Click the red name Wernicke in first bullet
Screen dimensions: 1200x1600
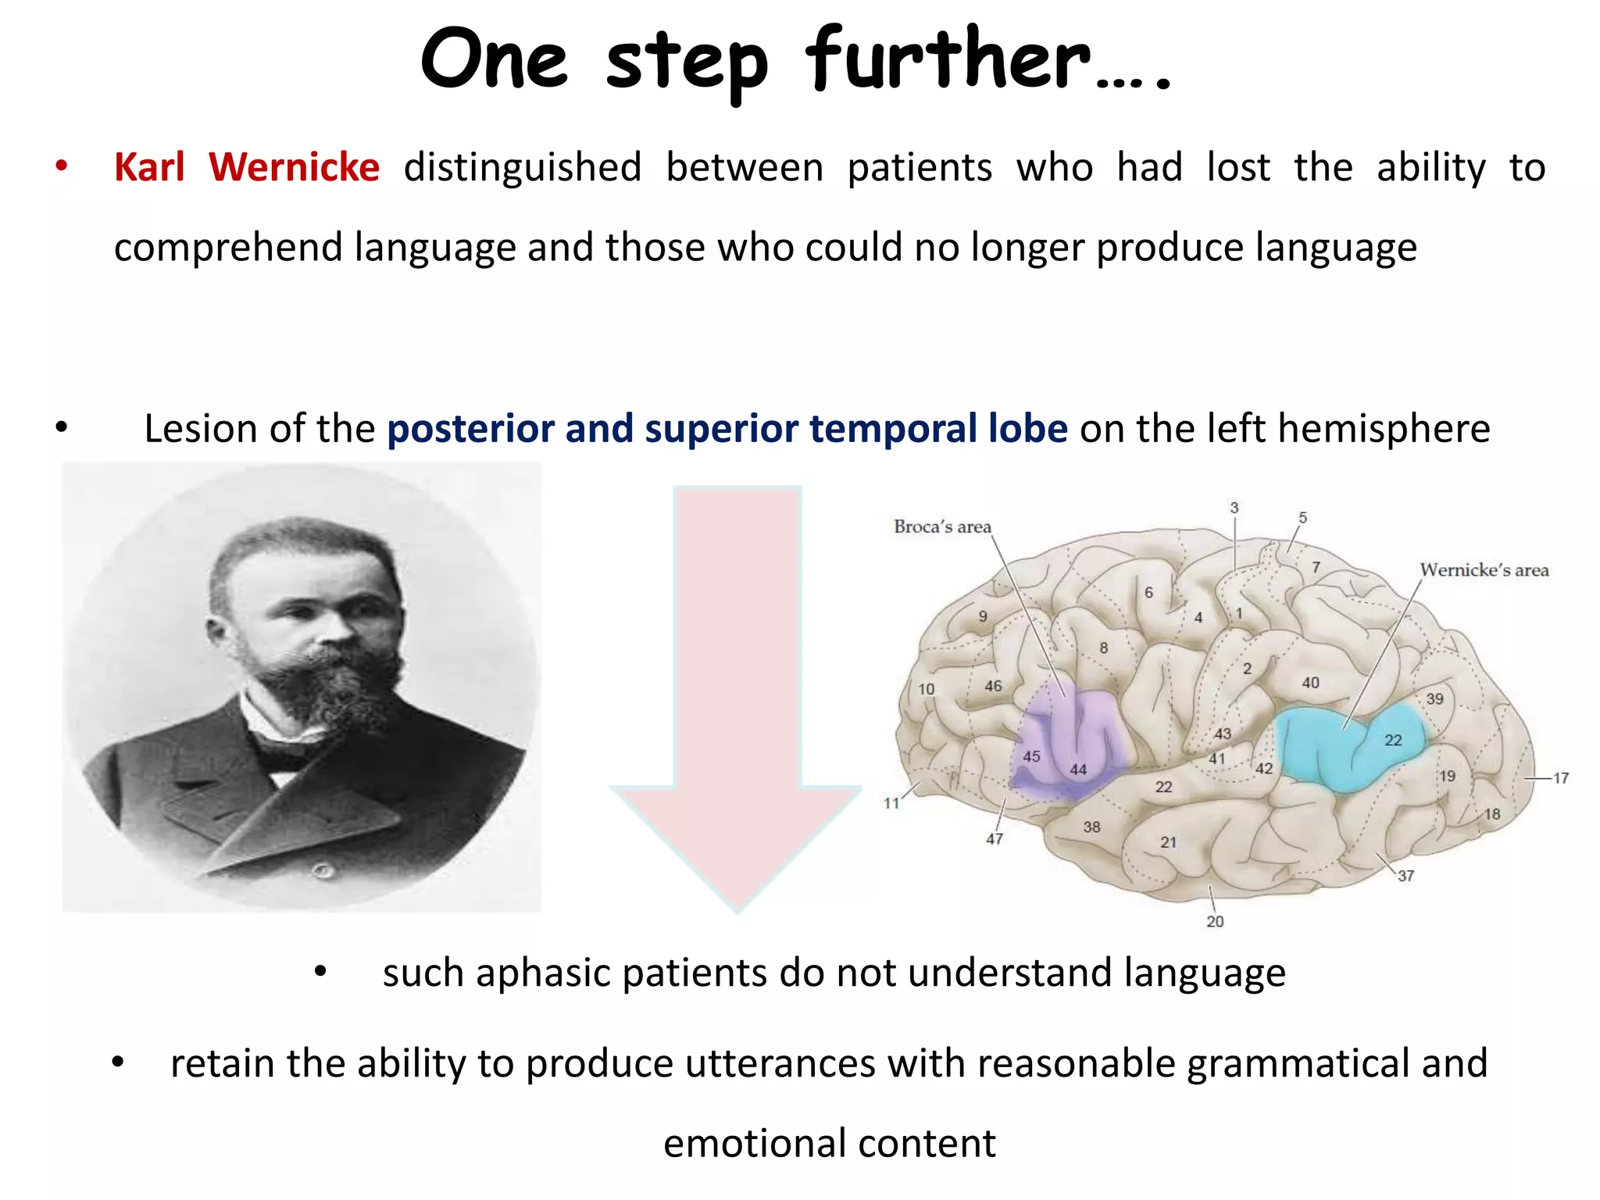click(x=294, y=167)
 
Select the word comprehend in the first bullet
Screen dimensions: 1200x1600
click(x=228, y=248)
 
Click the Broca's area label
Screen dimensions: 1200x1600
click(x=942, y=527)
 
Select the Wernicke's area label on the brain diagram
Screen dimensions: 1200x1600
click(x=1484, y=570)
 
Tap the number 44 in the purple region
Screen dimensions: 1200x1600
click(x=1078, y=770)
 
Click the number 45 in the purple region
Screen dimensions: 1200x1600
click(x=1031, y=756)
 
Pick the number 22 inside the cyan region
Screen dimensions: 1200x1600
click(x=1393, y=740)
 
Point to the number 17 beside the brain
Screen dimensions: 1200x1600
click(x=1560, y=778)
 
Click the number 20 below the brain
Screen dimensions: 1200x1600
click(x=1215, y=921)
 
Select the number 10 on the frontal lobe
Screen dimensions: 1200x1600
click(x=926, y=689)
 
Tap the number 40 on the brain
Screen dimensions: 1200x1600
click(x=1310, y=683)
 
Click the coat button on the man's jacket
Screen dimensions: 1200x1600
click(x=323, y=870)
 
